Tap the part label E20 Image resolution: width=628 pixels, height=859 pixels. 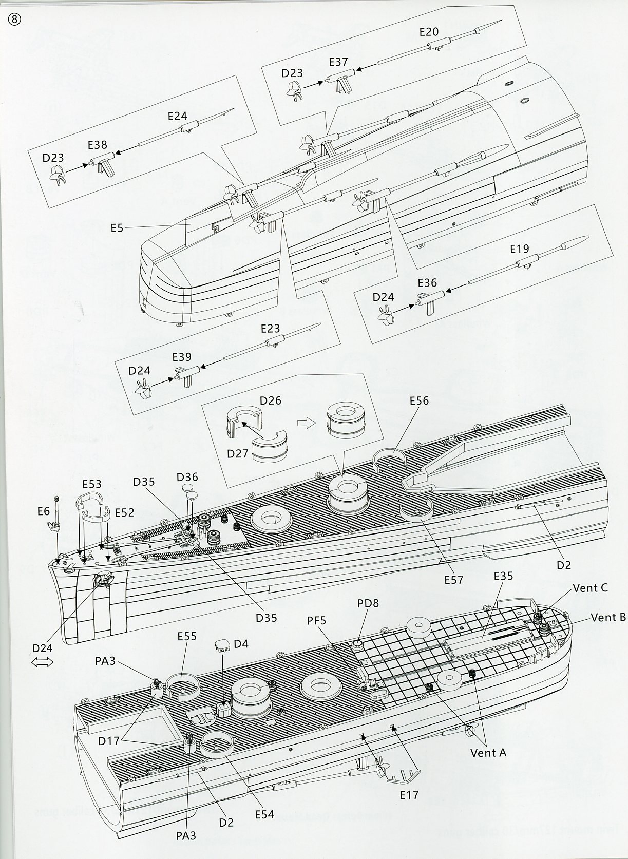429,31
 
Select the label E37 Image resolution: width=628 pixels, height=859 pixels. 338,62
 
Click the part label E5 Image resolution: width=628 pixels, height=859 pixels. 117,227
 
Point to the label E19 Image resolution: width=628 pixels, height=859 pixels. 519,249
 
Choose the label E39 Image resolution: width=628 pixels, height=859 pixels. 182,357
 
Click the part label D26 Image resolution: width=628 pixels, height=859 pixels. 271,400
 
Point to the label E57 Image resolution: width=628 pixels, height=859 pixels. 454,579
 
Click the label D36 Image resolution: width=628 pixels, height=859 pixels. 187,477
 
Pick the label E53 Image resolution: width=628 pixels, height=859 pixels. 91,484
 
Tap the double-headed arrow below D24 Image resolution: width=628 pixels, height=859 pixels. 43,663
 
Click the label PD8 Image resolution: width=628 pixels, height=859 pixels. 368,603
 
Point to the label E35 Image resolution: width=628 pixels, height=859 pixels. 503,576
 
